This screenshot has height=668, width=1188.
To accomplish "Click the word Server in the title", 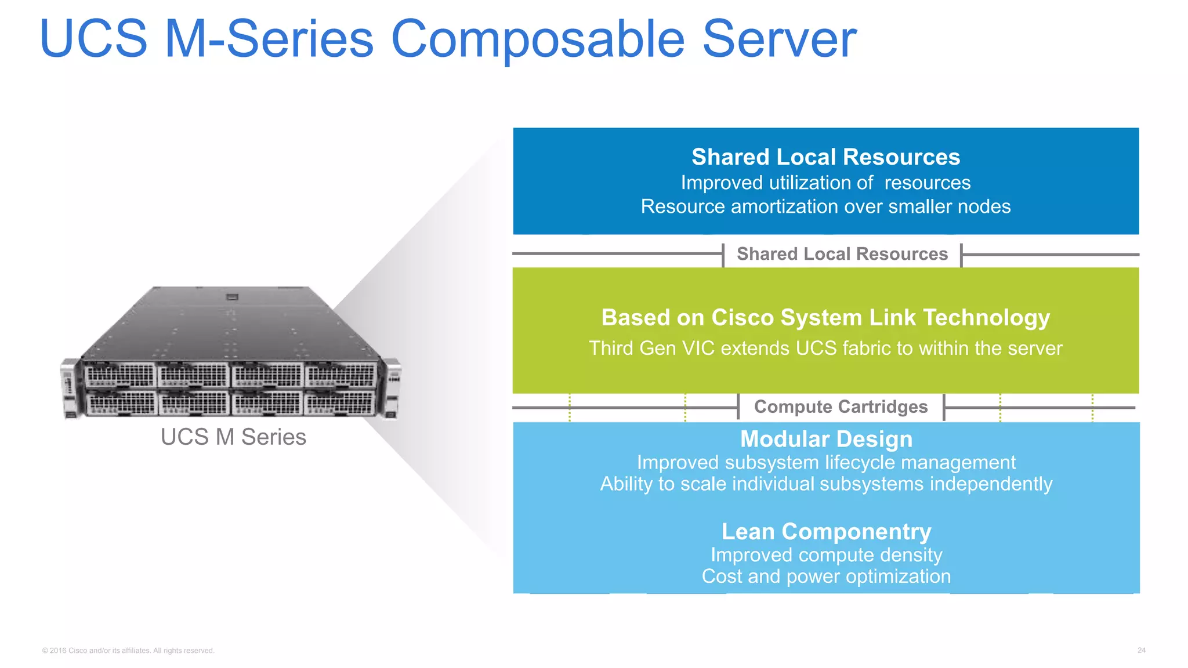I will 778,39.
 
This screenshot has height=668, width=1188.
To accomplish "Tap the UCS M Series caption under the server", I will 233,437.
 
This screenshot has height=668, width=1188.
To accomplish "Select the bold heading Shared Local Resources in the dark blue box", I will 825,157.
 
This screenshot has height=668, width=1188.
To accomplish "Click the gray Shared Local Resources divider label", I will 842,254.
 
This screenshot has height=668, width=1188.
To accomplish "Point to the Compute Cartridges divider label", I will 841,407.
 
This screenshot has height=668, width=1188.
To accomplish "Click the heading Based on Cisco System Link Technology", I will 825,318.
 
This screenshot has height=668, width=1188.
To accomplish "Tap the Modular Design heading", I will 826,439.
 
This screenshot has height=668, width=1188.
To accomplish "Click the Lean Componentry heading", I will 826,532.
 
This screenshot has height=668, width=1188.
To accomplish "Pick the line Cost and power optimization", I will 826,576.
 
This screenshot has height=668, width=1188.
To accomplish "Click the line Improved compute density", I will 826,555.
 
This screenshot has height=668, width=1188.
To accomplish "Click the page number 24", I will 1141,651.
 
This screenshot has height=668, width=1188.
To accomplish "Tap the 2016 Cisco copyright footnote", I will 128,651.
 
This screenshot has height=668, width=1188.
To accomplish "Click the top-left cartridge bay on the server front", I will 120,376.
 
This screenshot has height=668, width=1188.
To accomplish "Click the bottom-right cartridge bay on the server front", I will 340,402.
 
